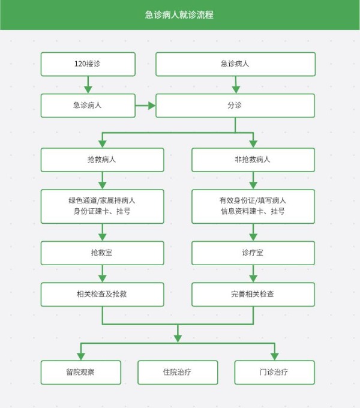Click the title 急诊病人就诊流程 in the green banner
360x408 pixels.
[179, 15]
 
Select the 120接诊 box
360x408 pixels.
[88, 64]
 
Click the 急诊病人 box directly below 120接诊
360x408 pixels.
[88, 106]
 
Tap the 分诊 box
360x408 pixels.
[235, 106]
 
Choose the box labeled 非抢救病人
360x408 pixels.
[253, 160]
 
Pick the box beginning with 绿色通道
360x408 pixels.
[103, 206]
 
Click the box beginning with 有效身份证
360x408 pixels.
[253, 206]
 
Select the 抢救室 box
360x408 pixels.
[103, 253]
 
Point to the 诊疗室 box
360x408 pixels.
[253, 253]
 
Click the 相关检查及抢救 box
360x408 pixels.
[103, 294]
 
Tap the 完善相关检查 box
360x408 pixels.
[253, 294]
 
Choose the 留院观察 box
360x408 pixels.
[81, 373]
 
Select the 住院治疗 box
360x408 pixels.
[178, 373]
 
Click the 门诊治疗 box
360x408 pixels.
[275, 373]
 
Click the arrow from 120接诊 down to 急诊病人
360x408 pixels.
[88, 85]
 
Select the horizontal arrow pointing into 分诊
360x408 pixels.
[145, 106]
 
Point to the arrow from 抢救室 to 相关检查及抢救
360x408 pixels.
[103, 274]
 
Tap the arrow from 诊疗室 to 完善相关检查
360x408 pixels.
[253, 274]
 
